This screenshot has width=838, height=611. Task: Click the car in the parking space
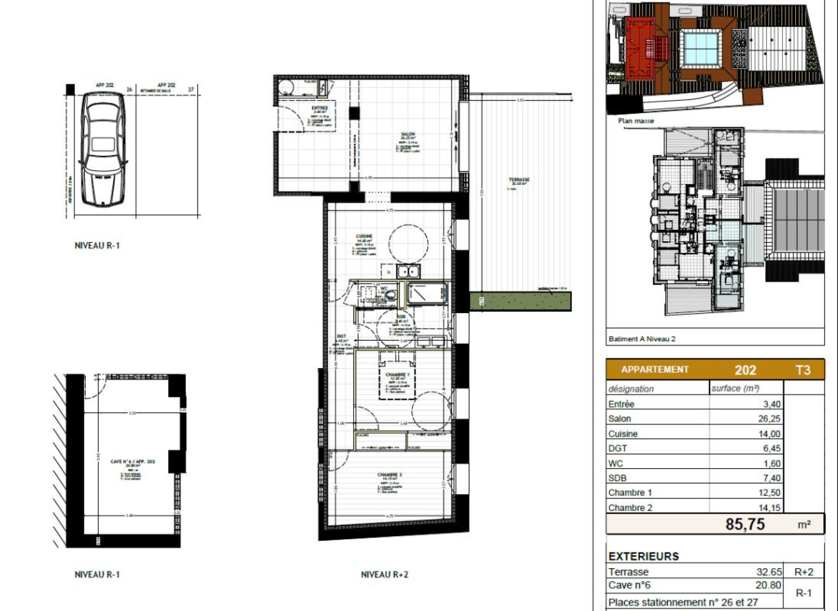pos(103,150)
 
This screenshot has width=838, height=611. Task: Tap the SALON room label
pos(407,135)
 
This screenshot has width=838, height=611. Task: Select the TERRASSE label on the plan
pos(519,180)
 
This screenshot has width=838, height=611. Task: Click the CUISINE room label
pos(363,237)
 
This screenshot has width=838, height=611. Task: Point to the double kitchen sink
pos(408,271)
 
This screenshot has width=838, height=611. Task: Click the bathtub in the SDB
pos(426,293)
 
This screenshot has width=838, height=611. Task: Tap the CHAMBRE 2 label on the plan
pos(390,475)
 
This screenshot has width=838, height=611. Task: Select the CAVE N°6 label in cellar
pos(133,461)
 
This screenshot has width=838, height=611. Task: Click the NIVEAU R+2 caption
pos(384,574)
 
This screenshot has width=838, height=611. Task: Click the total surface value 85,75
pos(745,524)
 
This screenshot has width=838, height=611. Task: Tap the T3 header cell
pos(803,370)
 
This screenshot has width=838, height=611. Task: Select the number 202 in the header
pos(745,370)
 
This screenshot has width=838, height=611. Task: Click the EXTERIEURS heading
pos(643,556)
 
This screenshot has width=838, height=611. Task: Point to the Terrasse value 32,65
pos(768,572)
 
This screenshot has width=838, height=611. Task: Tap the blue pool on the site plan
pos(700,48)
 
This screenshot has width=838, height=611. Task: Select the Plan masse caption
pos(635,120)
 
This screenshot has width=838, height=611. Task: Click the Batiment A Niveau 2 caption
pos(642,339)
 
